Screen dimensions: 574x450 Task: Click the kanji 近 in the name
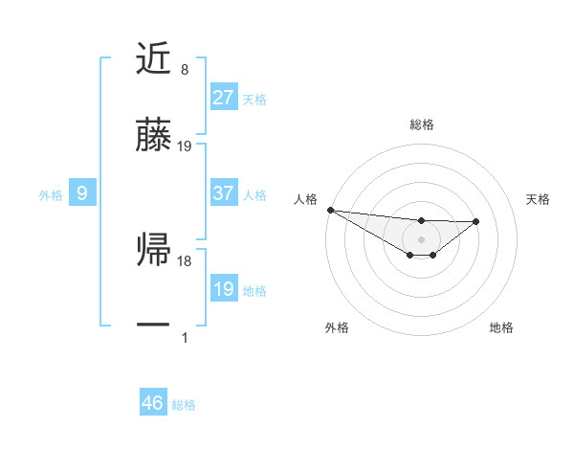point(154,60)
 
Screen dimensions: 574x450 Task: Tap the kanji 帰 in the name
point(154,251)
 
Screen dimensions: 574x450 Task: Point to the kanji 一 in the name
point(154,326)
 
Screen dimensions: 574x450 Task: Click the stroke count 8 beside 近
point(184,70)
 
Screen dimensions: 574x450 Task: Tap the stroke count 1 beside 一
point(184,337)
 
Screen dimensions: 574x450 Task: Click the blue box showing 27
point(224,98)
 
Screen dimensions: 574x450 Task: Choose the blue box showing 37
point(224,193)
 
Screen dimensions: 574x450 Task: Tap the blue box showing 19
point(224,289)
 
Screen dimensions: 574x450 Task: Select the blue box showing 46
point(153,403)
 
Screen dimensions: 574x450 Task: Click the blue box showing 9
point(82,193)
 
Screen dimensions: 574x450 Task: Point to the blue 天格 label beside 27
point(254,99)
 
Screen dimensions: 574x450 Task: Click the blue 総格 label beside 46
point(184,404)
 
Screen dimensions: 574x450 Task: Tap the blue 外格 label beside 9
point(51,194)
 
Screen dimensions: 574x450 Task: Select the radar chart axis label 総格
point(421,124)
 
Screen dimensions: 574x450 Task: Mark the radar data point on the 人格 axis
point(330,210)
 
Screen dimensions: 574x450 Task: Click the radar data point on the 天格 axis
point(476,221)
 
